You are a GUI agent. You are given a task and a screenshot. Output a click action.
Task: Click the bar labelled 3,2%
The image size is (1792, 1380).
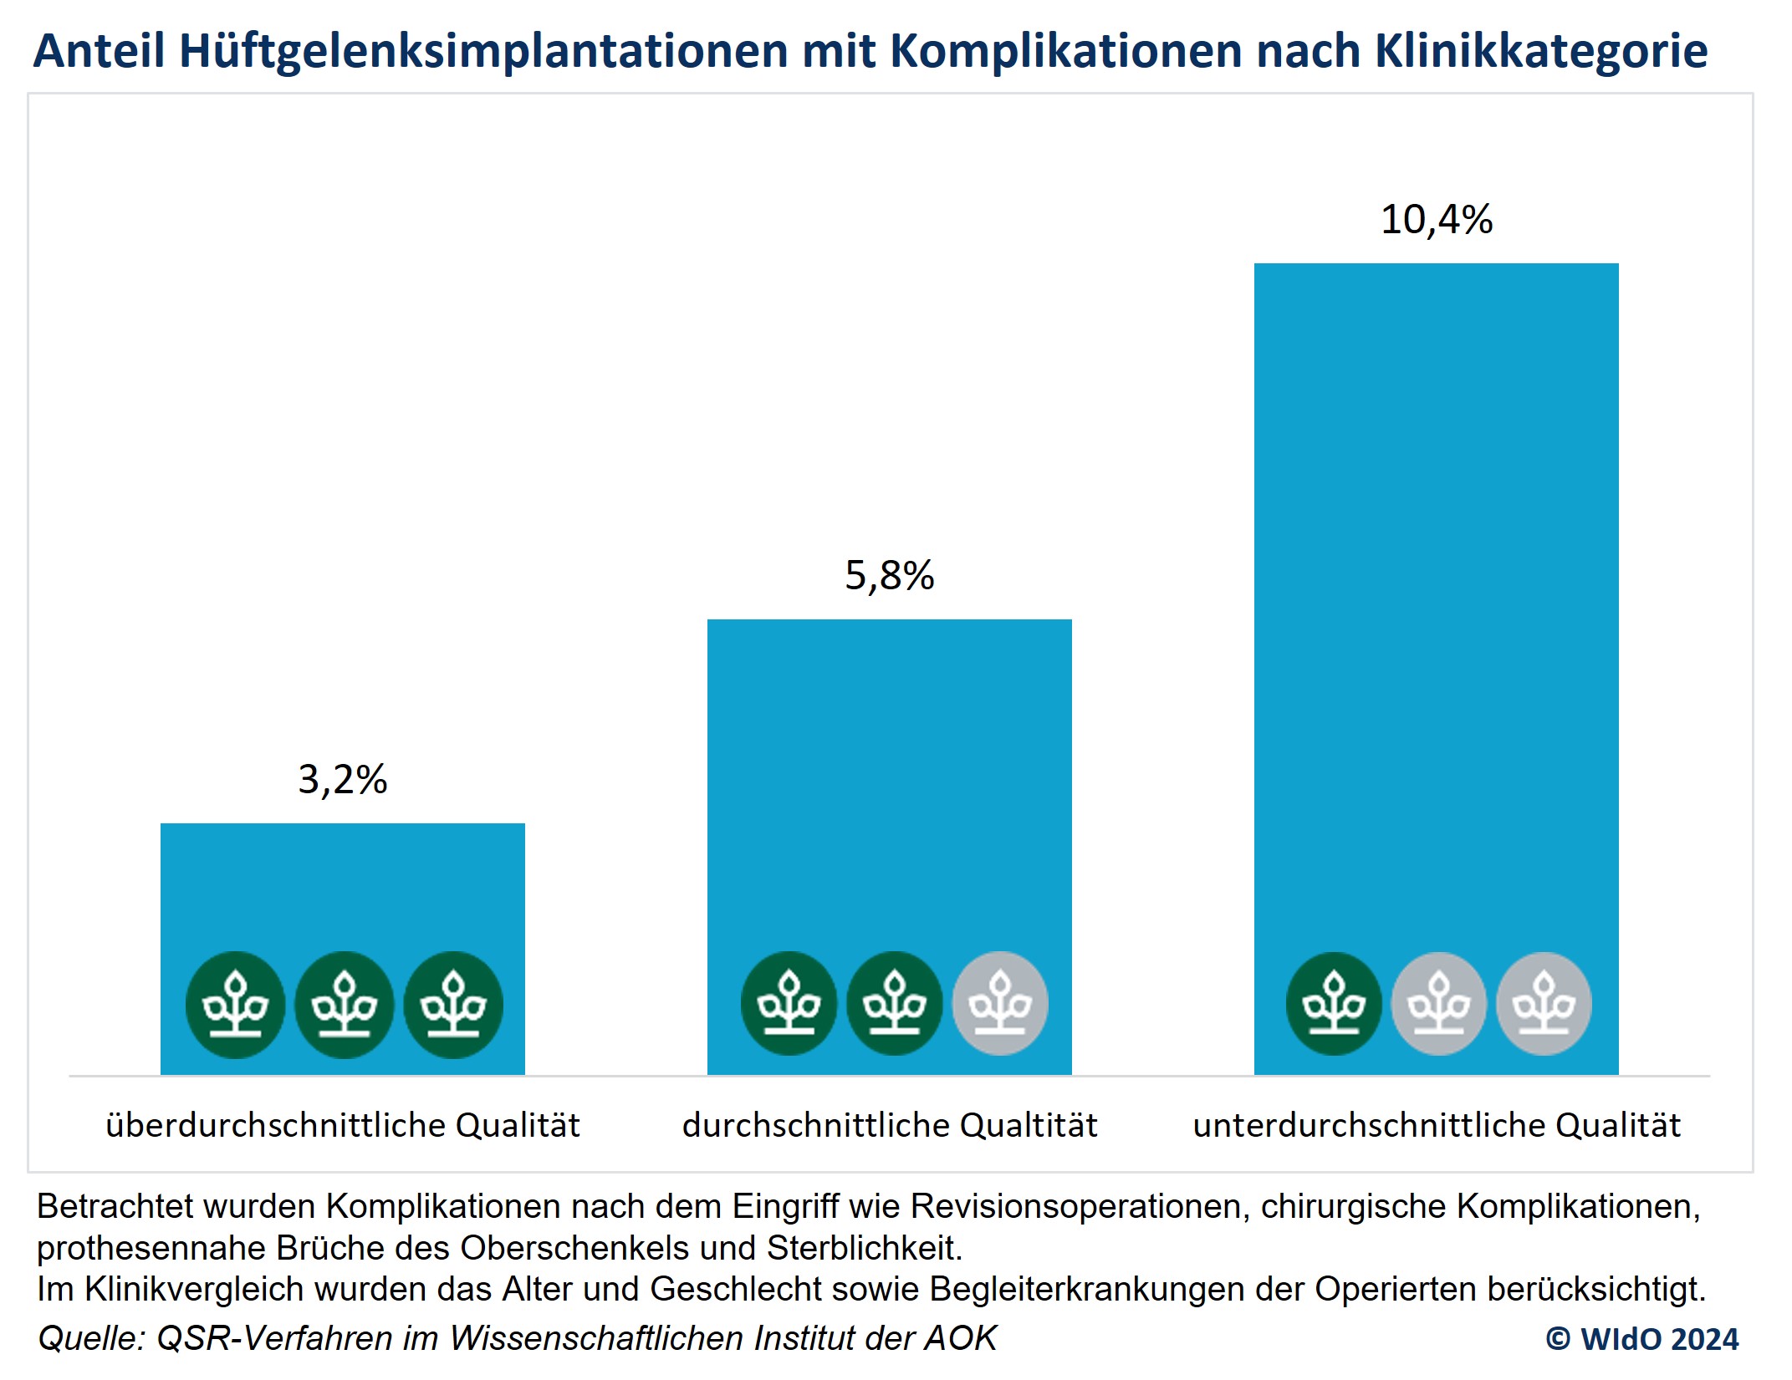342,886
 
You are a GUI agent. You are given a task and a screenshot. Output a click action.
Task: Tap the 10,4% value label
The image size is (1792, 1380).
1436,220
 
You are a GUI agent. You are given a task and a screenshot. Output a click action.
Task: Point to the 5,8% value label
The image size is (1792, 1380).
889,575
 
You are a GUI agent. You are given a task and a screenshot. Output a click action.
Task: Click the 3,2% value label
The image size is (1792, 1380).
342,779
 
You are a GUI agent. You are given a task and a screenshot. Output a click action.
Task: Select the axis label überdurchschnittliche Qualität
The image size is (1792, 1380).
342,1125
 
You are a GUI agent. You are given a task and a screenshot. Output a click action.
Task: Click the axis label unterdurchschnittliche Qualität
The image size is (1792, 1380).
1436,1125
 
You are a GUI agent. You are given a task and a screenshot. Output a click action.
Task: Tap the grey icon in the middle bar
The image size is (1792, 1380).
1000,1003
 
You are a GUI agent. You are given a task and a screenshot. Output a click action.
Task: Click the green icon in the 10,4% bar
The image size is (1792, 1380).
1334,1003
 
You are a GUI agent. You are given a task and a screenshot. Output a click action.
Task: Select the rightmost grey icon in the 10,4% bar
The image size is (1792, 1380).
1544,1003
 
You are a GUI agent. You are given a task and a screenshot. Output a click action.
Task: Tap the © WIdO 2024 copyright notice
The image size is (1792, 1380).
1641,1338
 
